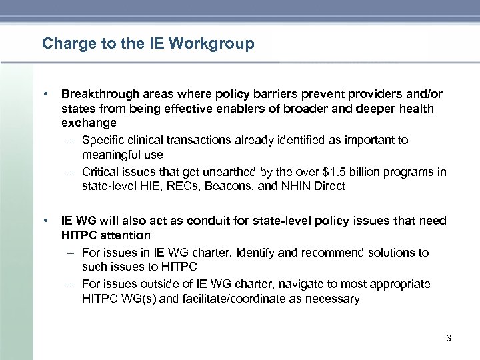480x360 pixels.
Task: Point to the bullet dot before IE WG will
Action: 45,221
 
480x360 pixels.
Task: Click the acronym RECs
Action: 178,187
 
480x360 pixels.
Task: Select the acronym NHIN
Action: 283,187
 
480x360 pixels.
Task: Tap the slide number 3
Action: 448,339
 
